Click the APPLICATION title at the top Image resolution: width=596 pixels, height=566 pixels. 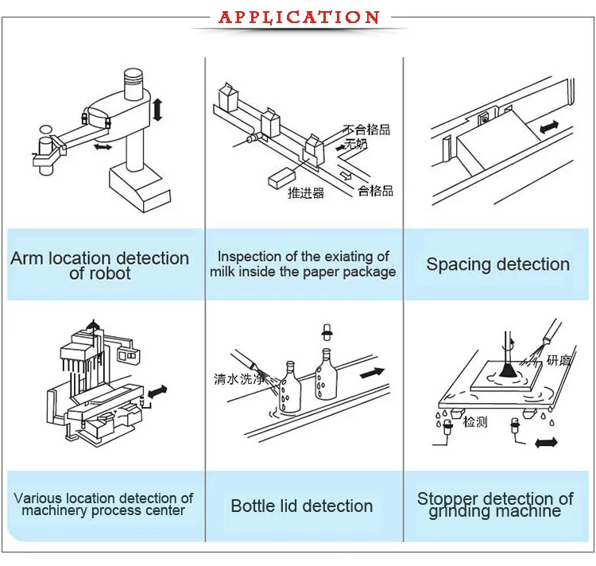tap(299, 17)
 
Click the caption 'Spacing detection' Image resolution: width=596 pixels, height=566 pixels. tap(497, 265)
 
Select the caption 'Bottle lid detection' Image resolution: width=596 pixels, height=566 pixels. tap(301, 506)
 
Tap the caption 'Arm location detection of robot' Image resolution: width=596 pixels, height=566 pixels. tap(100, 266)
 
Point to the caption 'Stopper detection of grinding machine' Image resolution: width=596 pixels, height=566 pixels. tap(495, 505)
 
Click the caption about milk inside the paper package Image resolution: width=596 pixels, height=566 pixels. tap(303, 264)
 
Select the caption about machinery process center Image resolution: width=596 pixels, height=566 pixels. tap(103, 505)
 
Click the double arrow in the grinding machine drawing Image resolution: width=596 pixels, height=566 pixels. tap(546, 441)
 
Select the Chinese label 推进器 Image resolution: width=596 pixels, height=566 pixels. tap(306, 193)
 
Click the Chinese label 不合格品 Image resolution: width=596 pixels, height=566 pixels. tap(366, 130)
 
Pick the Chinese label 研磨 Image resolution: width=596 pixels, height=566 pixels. tap(558, 361)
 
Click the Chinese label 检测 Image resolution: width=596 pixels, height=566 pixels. tap(475, 422)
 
